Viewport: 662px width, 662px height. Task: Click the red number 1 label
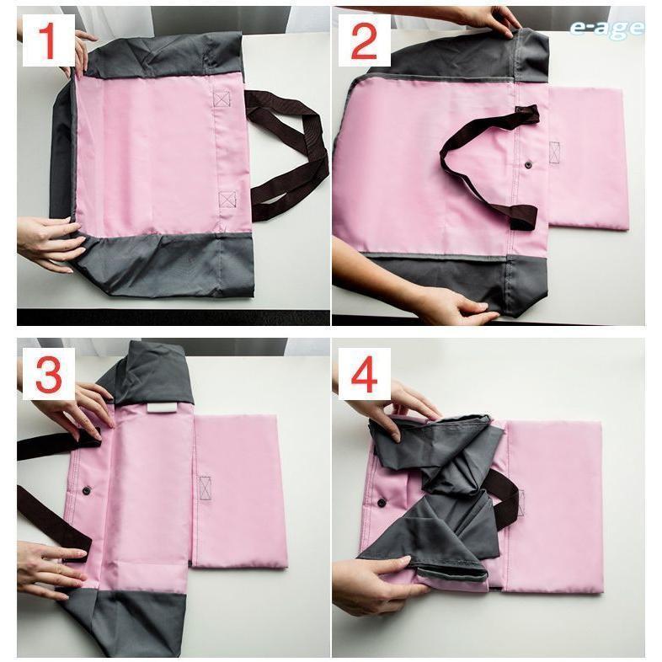click(x=49, y=40)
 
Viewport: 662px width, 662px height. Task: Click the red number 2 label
click(x=364, y=41)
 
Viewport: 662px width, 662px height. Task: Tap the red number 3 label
click(x=49, y=374)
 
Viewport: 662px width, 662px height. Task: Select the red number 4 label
click(x=364, y=374)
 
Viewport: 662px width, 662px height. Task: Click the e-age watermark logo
click(x=606, y=28)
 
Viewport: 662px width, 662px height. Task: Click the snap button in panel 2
click(x=528, y=164)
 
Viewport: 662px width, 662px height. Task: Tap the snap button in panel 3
click(x=86, y=489)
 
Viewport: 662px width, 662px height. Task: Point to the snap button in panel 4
click(x=382, y=503)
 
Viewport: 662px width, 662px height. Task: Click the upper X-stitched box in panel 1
click(x=222, y=99)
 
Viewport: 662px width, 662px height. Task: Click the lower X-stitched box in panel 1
click(x=227, y=199)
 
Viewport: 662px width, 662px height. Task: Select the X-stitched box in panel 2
click(x=554, y=152)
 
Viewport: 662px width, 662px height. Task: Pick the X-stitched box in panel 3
click(x=205, y=488)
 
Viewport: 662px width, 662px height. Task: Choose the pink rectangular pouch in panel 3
click(x=239, y=492)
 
